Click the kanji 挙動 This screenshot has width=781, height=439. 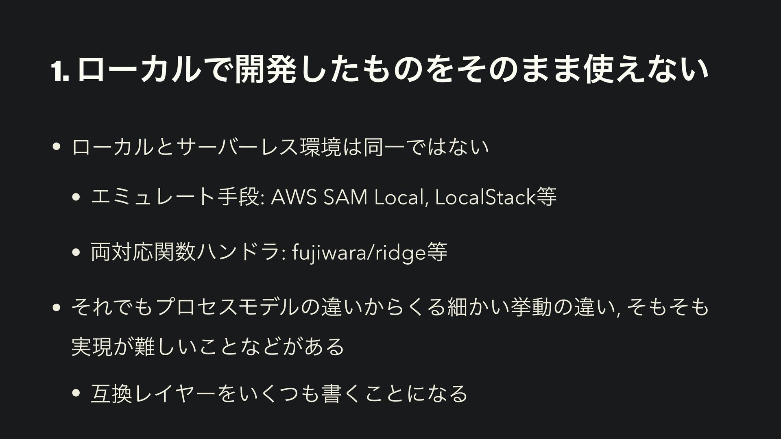point(529,307)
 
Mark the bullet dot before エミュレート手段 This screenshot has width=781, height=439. point(75,199)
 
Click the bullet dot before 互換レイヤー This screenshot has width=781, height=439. point(75,393)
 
